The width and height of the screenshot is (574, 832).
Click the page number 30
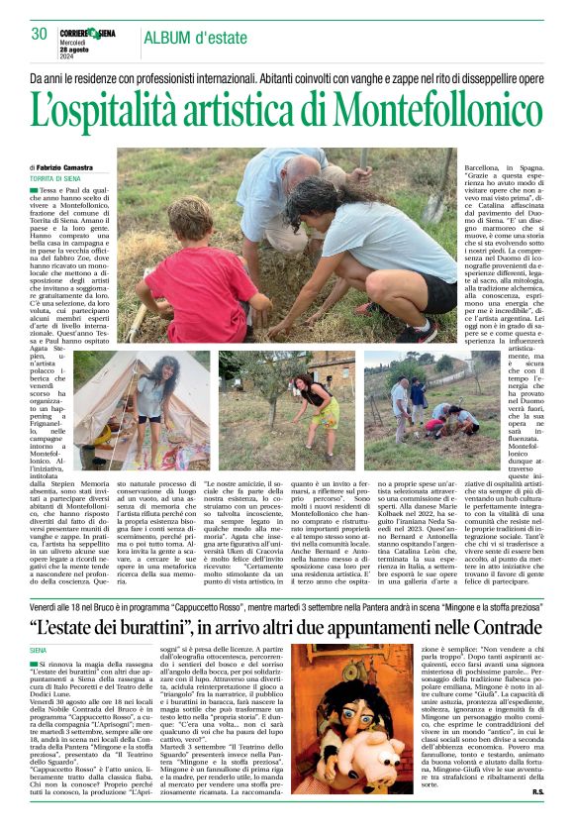click(x=40, y=33)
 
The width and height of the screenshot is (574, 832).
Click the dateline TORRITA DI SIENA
click(x=55, y=178)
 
